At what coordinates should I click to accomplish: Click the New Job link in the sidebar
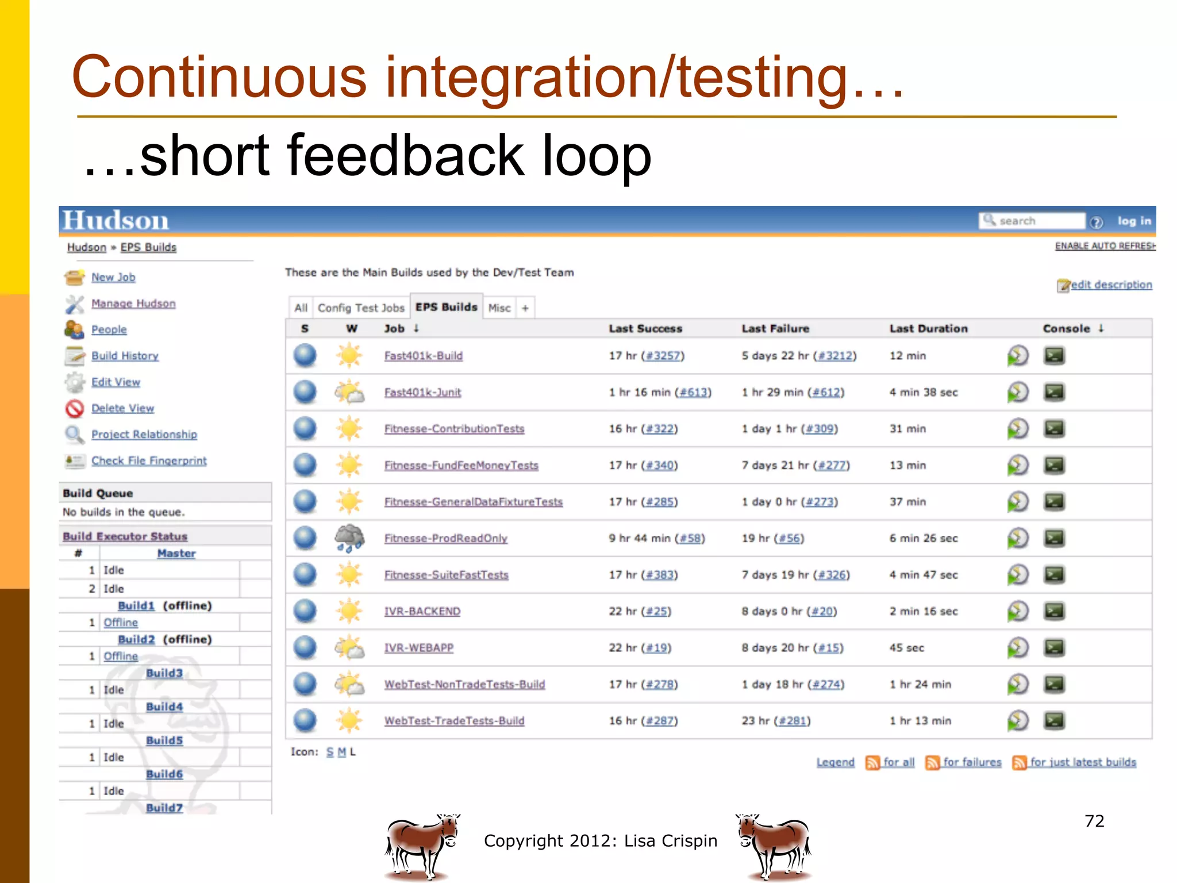pyautogui.click(x=113, y=277)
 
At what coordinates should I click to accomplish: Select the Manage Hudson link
pyautogui.click(x=133, y=304)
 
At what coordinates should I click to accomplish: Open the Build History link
pyautogui.click(x=125, y=356)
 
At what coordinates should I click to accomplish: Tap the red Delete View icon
pyautogui.click(x=75, y=409)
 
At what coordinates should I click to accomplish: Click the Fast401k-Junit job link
pyautogui.click(x=422, y=392)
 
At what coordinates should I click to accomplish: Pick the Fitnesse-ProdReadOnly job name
pyautogui.click(x=445, y=538)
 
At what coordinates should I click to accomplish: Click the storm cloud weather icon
pyautogui.click(x=349, y=538)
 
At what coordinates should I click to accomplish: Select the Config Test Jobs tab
pyautogui.click(x=361, y=308)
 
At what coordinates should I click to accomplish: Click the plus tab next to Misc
pyautogui.click(x=525, y=308)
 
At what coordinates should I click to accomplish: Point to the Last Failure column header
pyautogui.click(x=775, y=328)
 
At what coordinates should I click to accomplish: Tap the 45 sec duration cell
pyautogui.click(x=906, y=648)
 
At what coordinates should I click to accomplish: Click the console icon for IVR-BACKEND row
pyautogui.click(x=1053, y=611)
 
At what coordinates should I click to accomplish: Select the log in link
pyautogui.click(x=1134, y=221)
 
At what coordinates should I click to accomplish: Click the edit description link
pyautogui.click(x=1110, y=285)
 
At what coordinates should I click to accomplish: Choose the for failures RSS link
pyautogui.click(x=971, y=762)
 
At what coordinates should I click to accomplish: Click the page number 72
pyautogui.click(x=1094, y=821)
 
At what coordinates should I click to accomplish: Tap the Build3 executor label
pyautogui.click(x=164, y=673)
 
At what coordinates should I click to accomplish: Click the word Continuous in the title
pyautogui.click(x=218, y=77)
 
